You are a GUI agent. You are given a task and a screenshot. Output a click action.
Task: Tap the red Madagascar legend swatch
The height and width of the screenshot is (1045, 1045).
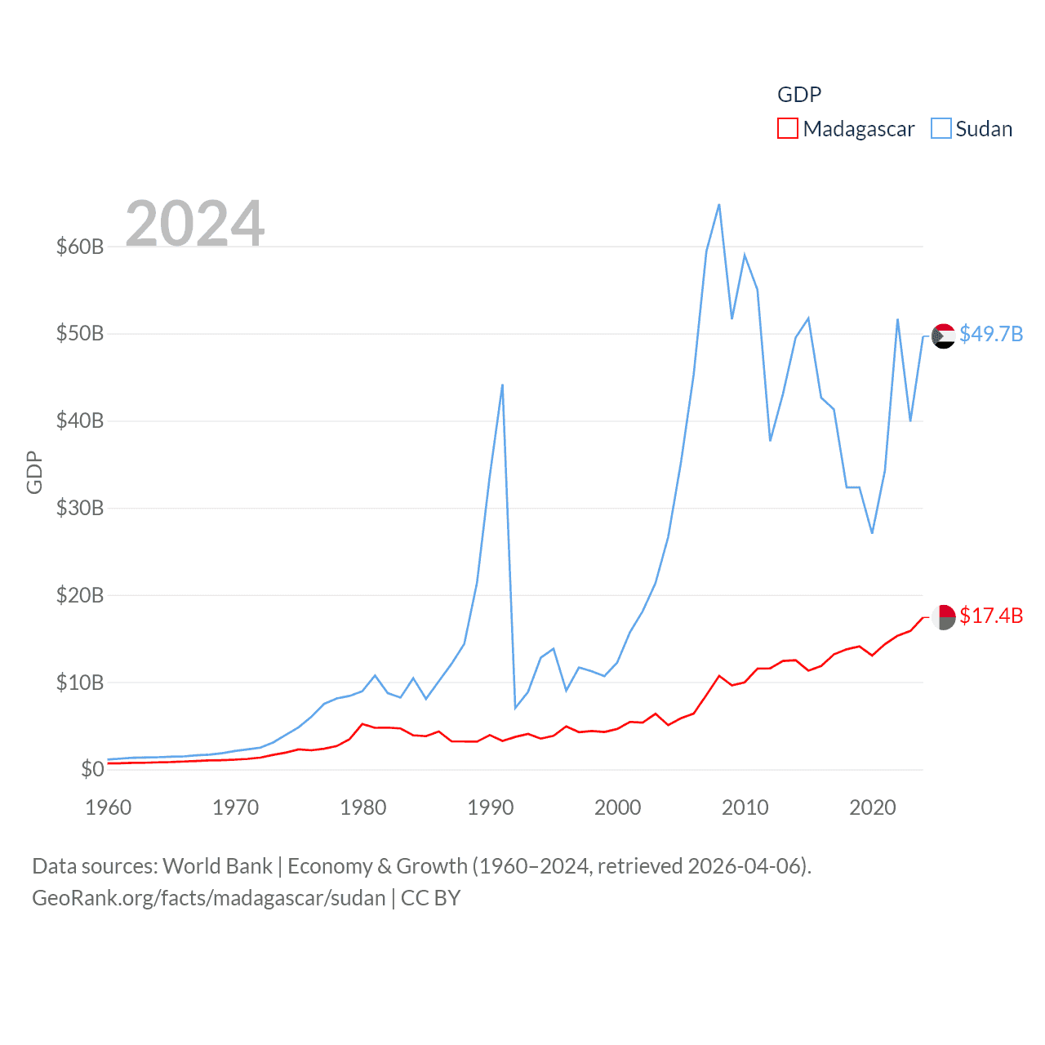click(x=787, y=129)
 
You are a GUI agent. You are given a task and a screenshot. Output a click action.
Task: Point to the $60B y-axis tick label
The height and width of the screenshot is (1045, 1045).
click(x=80, y=247)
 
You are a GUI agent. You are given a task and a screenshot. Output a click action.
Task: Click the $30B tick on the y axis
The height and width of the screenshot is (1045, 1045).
click(x=80, y=508)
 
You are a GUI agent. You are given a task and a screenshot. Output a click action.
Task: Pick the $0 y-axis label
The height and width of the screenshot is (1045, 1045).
click(x=92, y=769)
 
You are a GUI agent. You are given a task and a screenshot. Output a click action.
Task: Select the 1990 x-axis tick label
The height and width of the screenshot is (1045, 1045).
click(x=490, y=807)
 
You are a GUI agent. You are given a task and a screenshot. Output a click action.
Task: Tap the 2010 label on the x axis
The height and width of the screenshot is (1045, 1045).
click(x=745, y=807)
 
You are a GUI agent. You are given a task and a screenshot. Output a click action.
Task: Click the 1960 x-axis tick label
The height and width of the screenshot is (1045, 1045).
click(x=109, y=807)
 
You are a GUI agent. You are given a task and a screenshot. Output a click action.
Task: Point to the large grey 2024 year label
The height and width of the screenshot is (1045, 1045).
click(x=195, y=223)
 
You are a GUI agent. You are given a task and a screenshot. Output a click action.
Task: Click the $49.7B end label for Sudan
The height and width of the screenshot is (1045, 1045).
click(x=991, y=334)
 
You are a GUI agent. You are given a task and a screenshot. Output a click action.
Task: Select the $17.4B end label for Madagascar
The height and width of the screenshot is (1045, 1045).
click(x=991, y=616)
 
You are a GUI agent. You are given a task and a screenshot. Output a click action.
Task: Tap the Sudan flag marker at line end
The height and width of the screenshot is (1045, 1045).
click(x=943, y=336)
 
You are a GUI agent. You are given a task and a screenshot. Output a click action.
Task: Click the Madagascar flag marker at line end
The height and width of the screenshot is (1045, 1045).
click(x=943, y=617)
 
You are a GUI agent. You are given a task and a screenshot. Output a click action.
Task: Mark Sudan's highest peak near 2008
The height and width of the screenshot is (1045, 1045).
click(x=718, y=204)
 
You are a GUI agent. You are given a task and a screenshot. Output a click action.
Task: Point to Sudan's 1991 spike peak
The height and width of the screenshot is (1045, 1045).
click(x=502, y=385)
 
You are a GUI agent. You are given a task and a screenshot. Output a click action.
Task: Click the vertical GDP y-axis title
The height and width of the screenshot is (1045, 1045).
click(x=34, y=472)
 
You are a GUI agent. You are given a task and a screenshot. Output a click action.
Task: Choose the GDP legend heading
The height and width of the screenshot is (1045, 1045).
click(x=798, y=95)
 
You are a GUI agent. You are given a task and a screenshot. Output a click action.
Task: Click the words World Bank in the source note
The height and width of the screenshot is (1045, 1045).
click(x=217, y=865)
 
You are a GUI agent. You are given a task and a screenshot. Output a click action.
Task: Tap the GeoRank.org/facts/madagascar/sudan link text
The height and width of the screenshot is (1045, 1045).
click(x=208, y=898)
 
